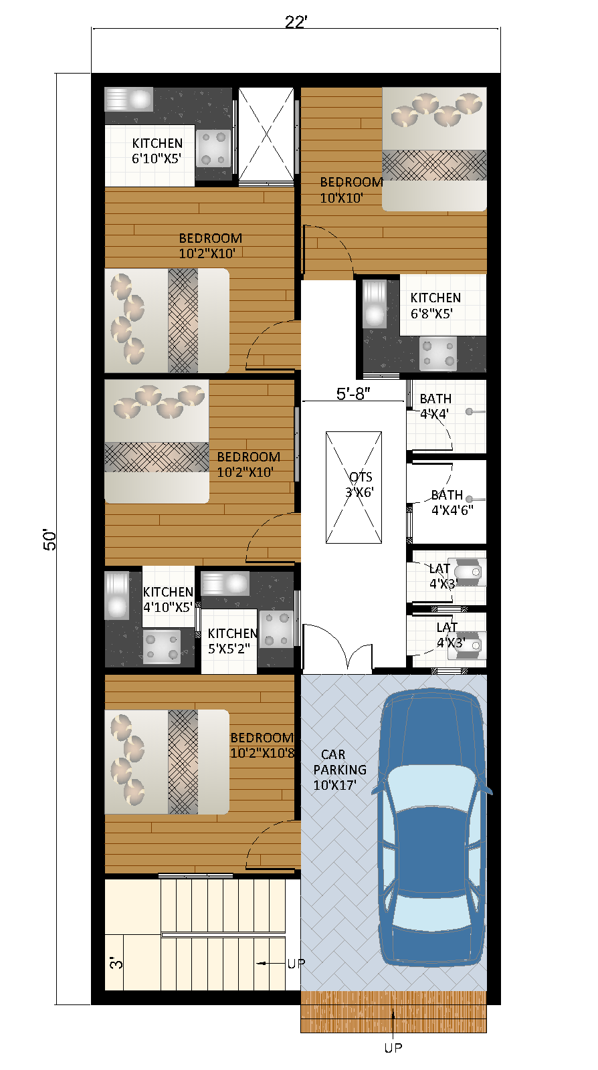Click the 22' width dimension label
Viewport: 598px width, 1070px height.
[296, 22]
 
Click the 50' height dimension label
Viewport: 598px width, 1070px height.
[50, 540]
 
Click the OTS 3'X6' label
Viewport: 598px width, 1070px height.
[360, 485]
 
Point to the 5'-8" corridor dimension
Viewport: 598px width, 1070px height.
[353, 394]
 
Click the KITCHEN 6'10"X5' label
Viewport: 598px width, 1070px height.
[157, 151]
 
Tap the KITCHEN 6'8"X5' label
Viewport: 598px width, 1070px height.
[435, 305]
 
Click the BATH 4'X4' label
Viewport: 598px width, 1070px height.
[435, 406]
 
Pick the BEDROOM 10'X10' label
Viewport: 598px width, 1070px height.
[351, 190]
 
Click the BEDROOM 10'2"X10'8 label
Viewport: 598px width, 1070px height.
[262, 745]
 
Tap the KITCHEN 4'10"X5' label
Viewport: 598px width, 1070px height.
[168, 599]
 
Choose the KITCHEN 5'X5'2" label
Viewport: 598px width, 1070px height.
[232, 641]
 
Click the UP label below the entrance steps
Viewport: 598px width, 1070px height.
[393, 1048]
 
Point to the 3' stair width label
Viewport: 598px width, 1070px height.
[116, 963]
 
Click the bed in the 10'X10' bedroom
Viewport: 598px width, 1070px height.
[434, 148]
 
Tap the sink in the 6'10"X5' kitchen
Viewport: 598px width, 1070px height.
[129, 99]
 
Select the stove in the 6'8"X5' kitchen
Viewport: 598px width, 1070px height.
[437, 354]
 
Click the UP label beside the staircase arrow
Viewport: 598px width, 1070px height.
[296, 963]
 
